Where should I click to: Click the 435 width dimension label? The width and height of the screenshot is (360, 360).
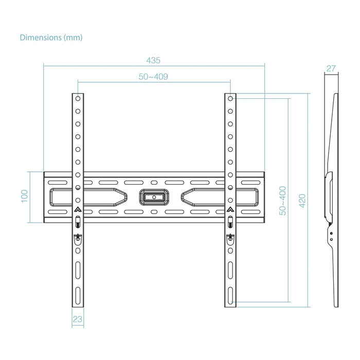point(153,60)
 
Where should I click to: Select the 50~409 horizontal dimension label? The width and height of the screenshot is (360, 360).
point(154,77)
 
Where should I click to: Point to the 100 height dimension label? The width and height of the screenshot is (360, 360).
point(24,196)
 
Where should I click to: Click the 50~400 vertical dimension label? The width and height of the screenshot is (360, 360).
point(283,200)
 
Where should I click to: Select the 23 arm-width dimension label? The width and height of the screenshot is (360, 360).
point(77,319)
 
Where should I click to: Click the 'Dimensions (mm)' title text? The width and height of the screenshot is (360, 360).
point(51,38)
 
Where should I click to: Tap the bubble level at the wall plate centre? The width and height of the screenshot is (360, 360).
point(154,196)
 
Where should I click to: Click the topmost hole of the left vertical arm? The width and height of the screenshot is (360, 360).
point(77,98)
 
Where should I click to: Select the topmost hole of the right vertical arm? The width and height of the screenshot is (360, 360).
point(230,98)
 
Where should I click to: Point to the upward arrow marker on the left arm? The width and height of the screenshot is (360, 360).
point(77,209)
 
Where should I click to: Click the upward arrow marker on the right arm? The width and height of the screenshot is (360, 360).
point(230,209)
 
